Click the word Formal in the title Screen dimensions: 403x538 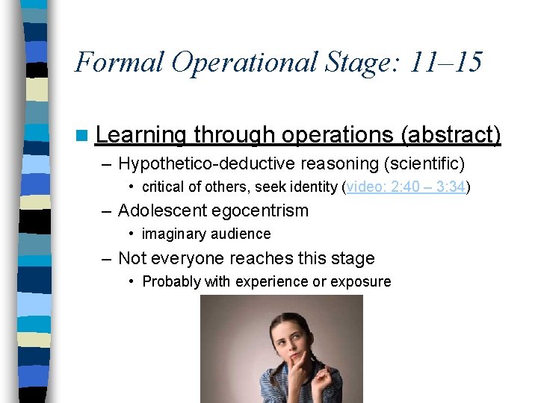tap(119, 61)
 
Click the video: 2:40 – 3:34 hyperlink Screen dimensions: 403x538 tap(406, 187)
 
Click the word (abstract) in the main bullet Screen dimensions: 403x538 tap(451, 135)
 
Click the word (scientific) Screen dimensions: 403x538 tap(421, 163)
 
